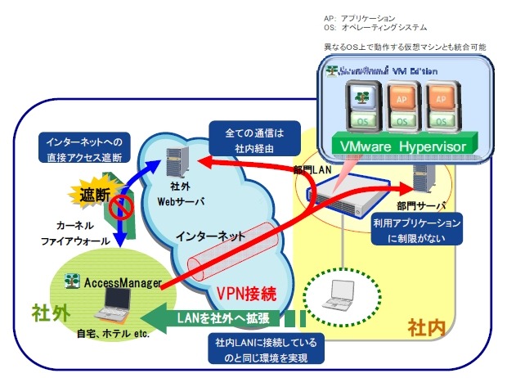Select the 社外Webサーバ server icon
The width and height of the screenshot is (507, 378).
173,164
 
